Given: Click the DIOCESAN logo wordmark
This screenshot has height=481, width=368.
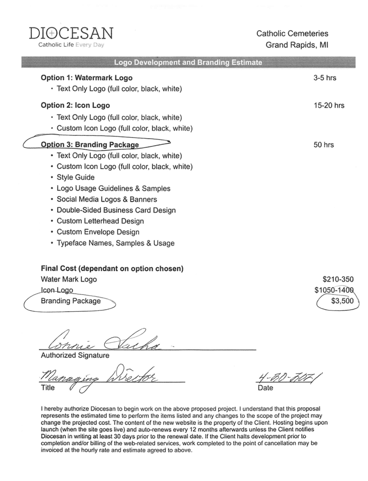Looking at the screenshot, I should click(x=71, y=33).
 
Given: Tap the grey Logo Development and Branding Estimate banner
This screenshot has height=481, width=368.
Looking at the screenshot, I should click(x=188, y=63).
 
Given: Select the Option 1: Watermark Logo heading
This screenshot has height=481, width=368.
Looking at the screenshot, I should click(x=86, y=78).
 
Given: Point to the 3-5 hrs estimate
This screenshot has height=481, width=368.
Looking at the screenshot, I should click(x=325, y=78).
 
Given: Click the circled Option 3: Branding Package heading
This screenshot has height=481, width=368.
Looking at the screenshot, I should click(x=90, y=145).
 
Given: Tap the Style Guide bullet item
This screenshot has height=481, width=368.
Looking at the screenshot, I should click(x=76, y=177).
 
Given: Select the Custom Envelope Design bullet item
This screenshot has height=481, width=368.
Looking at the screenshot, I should click(x=98, y=232).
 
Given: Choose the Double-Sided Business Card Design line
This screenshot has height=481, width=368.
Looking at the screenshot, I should click(x=116, y=210).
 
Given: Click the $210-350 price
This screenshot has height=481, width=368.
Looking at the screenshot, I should click(x=338, y=279).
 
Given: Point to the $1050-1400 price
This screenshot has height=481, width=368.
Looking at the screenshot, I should click(x=335, y=290).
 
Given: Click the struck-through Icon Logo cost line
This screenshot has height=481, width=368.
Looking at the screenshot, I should click(x=57, y=290).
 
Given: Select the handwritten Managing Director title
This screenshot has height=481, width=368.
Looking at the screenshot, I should click(x=98, y=378).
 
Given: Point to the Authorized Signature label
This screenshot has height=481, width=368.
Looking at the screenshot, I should click(x=75, y=355).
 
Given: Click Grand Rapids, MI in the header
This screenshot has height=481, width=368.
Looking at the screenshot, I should click(x=297, y=45).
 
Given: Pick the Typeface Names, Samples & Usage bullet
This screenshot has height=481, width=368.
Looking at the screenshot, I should click(x=115, y=243).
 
